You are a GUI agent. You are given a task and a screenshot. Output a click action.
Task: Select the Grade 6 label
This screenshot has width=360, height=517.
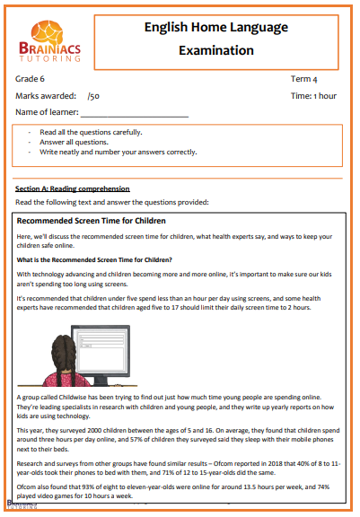click(31, 79)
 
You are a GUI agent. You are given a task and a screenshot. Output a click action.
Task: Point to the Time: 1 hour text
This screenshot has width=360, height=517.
click(313, 95)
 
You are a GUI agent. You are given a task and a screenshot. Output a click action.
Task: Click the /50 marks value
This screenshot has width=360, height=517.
click(93, 95)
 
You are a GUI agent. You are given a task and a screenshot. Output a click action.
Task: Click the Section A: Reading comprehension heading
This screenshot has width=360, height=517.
click(73, 188)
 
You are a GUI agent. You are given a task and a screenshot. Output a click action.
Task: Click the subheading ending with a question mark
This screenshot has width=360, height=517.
click(94, 260)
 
